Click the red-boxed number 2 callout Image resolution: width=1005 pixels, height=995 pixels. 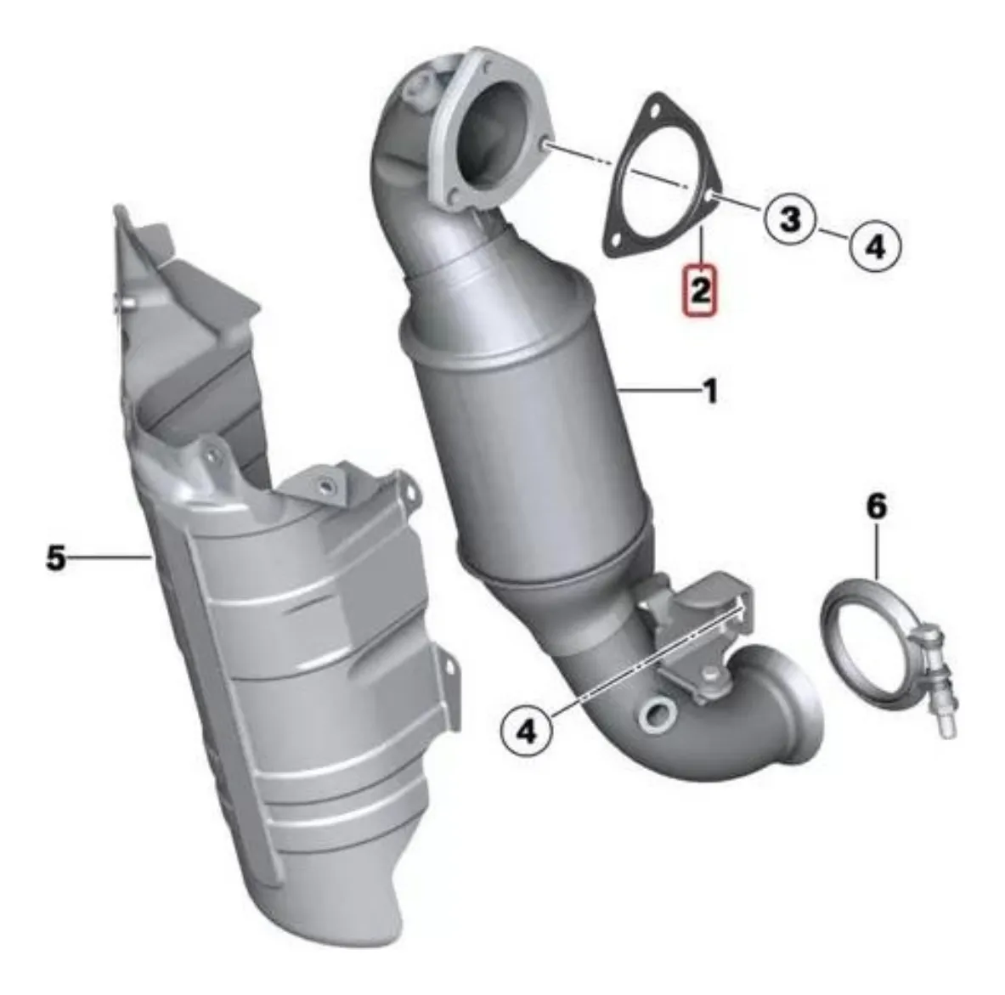700,291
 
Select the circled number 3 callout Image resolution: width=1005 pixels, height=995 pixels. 790,218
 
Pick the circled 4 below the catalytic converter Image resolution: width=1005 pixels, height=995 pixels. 528,730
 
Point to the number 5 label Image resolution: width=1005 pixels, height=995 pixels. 56,557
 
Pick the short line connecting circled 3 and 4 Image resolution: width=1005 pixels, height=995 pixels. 833,231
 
